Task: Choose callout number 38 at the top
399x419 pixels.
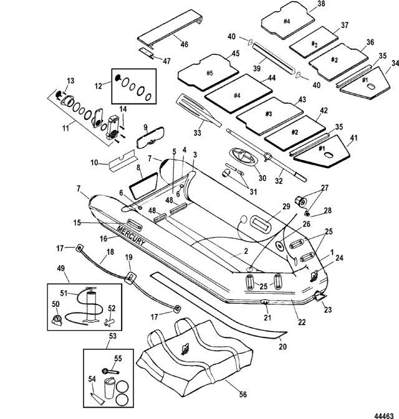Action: pyautogui.click(x=321, y=4)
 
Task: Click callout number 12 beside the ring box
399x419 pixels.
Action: pyautogui.click(x=97, y=85)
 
